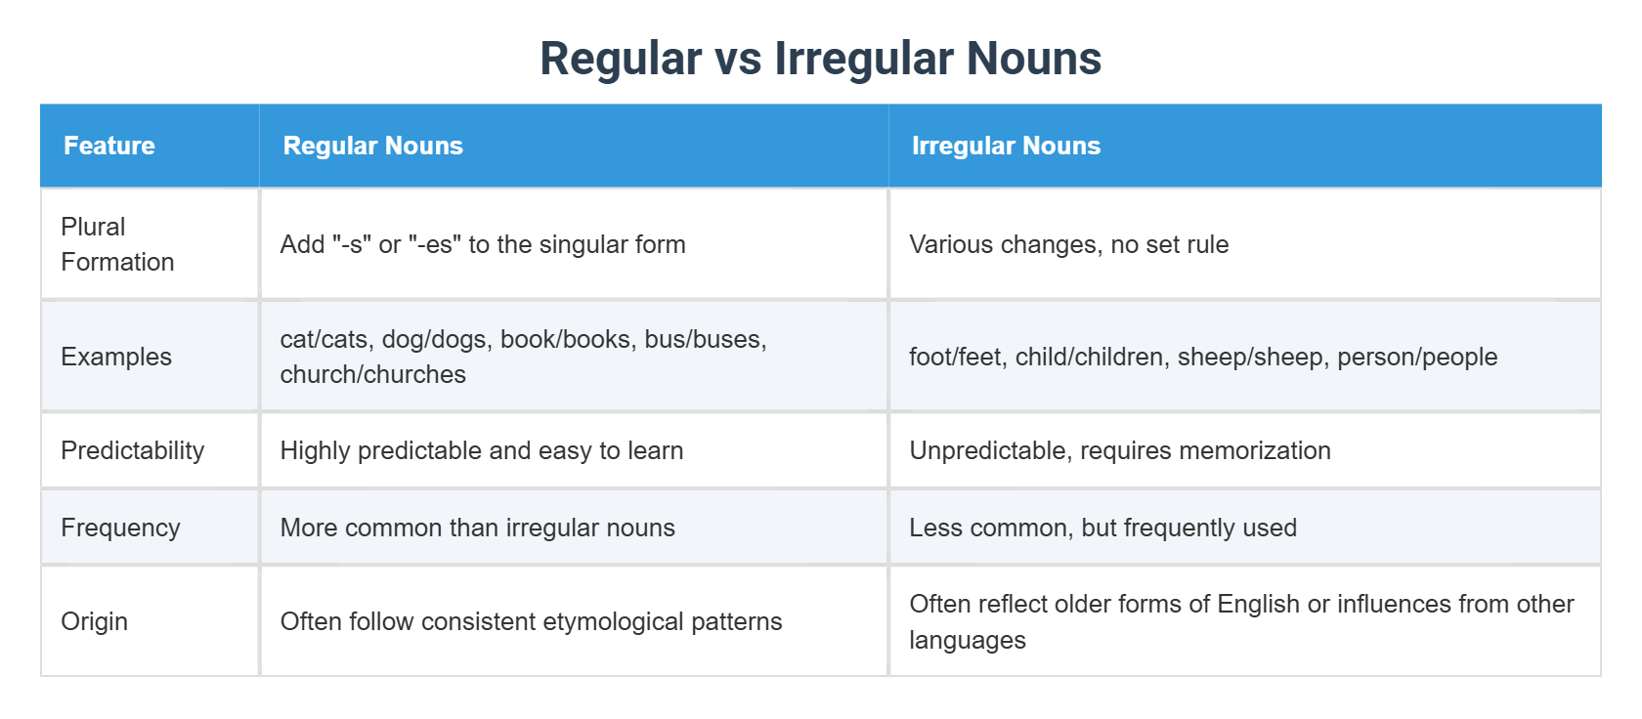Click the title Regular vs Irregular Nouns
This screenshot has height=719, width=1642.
coord(820,59)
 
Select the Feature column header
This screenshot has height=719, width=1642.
coord(109,146)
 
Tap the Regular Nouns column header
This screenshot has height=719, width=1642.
coord(372,146)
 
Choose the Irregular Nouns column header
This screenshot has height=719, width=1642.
coord(1006,146)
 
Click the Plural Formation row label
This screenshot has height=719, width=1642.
coord(117,244)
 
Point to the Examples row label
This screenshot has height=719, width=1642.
coord(116,357)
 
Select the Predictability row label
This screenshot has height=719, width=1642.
coord(133,450)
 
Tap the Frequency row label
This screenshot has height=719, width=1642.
coord(120,528)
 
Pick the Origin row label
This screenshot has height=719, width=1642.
coord(95,621)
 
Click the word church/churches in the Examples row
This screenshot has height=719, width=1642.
coord(372,374)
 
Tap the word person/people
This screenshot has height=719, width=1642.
coord(1417,357)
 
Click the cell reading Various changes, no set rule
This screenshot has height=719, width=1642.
coord(1068,244)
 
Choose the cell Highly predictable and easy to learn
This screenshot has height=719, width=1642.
coord(482,450)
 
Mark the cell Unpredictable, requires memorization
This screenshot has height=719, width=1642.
coord(1120,450)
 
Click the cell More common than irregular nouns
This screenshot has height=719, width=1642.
coord(478,528)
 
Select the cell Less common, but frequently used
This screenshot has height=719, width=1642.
coord(1102,528)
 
